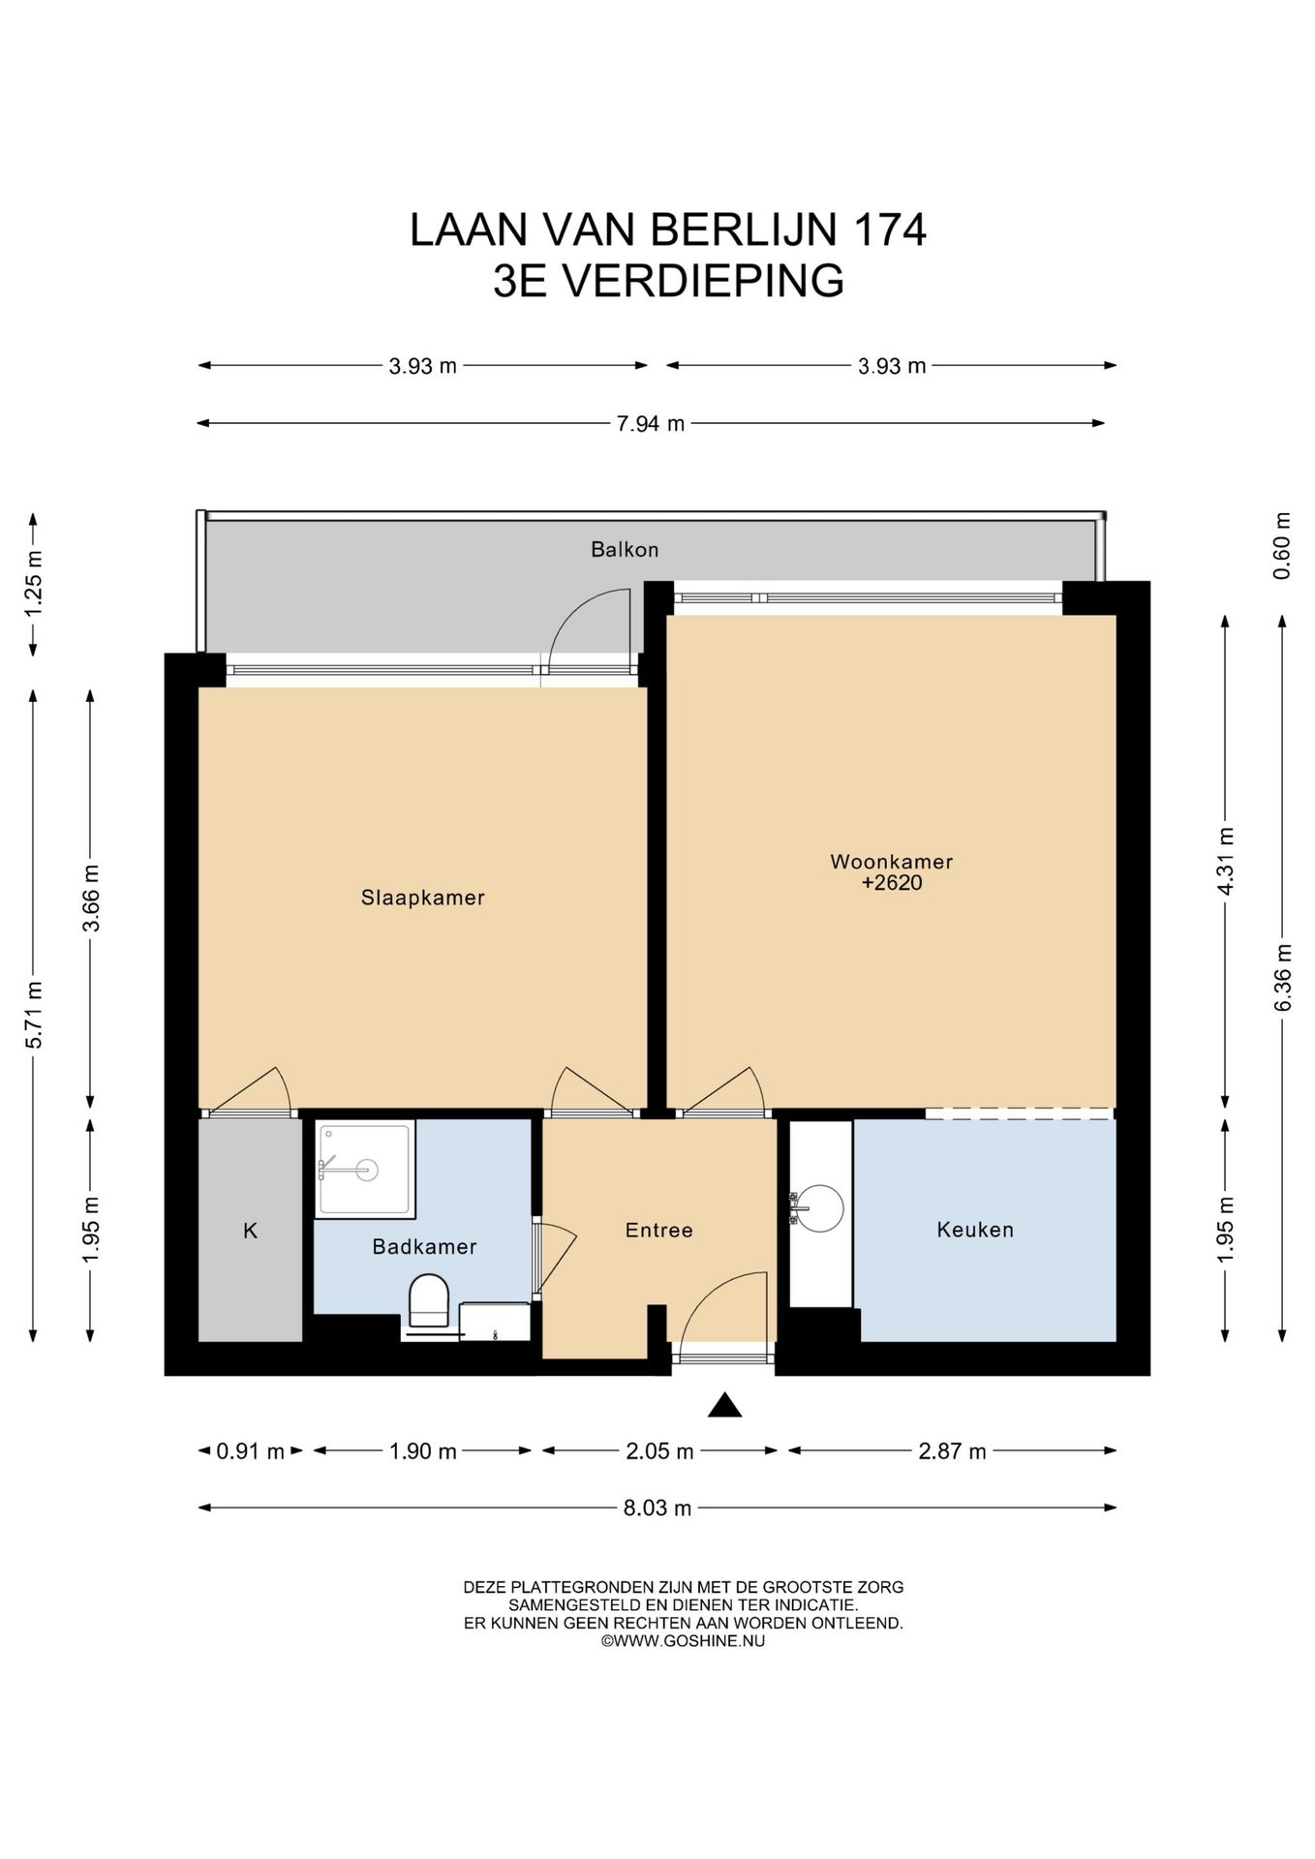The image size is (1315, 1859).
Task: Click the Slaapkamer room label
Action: [x=422, y=898]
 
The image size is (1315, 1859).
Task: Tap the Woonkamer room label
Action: [x=891, y=861]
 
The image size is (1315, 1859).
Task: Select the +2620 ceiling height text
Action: [x=891, y=883]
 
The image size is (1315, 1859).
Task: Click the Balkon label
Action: [x=625, y=549]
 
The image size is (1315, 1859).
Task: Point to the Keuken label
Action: [x=975, y=1230]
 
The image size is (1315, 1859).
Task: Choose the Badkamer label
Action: [x=424, y=1246]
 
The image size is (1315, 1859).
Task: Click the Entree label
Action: [x=658, y=1230]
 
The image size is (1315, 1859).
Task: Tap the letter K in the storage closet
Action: [x=250, y=1231]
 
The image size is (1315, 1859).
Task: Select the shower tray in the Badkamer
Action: [x=365, y=1169]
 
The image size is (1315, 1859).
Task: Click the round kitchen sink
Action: [x=819, y=1208]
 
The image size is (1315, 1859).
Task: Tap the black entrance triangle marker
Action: [x=724, y=1405]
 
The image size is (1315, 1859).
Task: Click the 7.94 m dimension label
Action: [x=651, y=423]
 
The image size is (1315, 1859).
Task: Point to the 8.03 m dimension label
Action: [x=657, y=1508]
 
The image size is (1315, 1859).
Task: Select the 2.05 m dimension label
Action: [x=659, y=1450]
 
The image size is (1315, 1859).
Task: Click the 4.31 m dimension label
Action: [x=1226, y=862]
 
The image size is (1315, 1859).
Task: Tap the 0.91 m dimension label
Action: [x=250, y=1450]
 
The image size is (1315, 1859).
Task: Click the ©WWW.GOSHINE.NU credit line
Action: [x=683, y=1641]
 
